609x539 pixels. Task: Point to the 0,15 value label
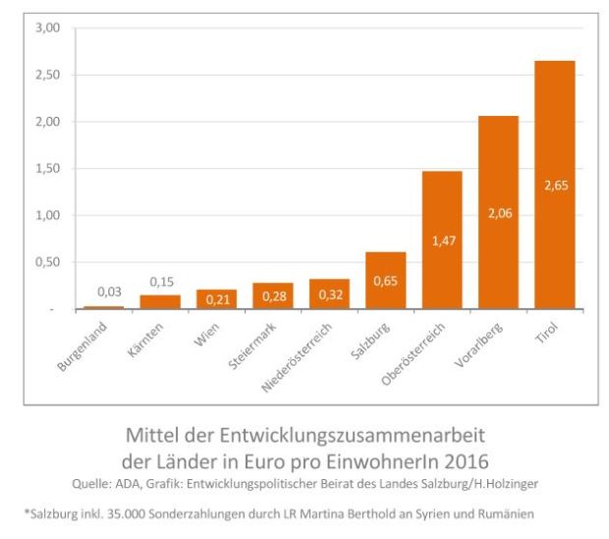click(160, 281)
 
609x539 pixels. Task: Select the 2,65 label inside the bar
click(554, 186)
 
